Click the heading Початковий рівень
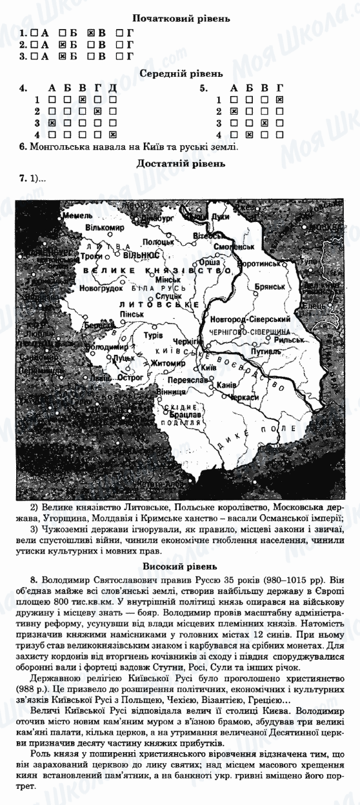[x=180, y=19]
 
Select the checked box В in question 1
[x=91, y=32]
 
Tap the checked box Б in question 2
[x=63, y=45]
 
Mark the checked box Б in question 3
[x=63, y=57]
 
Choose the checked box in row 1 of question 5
[x=279, y=99]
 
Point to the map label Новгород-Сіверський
[x=246, y=320]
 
